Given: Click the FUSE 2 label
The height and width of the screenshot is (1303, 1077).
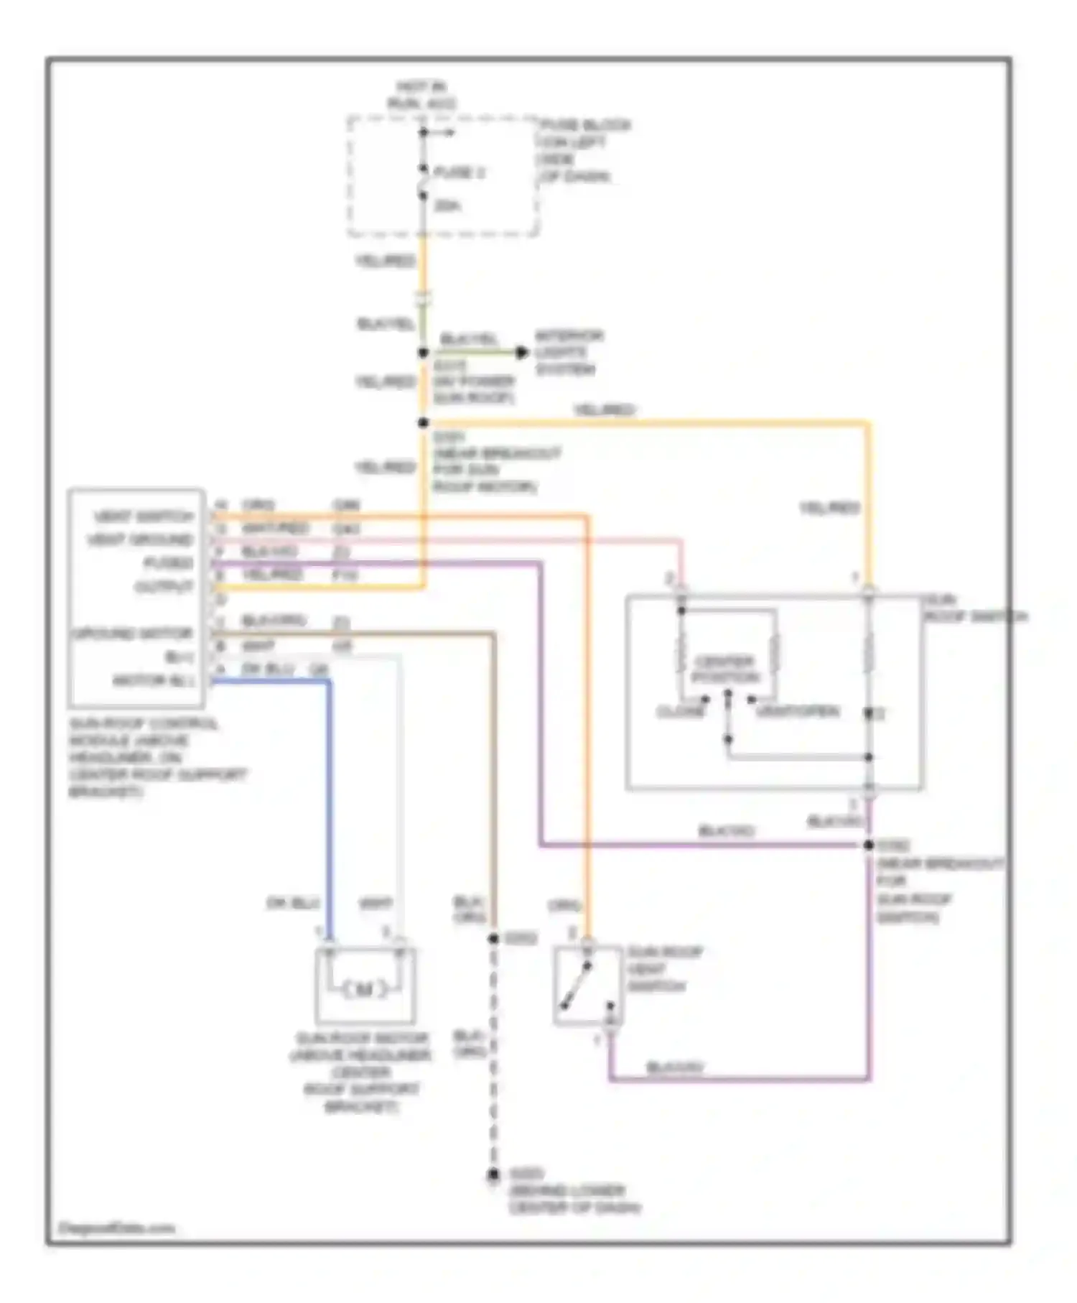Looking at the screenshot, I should point(460,172).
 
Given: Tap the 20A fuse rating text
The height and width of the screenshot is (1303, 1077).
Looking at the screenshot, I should point(447,206).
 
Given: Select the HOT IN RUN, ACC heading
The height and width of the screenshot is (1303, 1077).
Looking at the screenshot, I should point(422,96).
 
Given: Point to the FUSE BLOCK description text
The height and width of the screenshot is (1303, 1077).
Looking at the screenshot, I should point(583,151).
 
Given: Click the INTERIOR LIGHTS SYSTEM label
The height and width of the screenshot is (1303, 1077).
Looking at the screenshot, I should point(569,353).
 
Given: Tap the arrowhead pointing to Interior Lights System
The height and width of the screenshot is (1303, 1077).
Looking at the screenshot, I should point(523,352).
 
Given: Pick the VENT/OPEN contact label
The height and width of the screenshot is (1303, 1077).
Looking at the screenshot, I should point(797,711).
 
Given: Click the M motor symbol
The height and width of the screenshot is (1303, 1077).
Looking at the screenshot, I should point(364,990).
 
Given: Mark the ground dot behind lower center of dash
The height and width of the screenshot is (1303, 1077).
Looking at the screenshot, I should point(493,1175).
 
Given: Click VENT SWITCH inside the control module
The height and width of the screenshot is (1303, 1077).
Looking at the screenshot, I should point(144,516).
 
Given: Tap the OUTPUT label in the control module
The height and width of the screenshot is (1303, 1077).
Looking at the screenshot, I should point(164,587).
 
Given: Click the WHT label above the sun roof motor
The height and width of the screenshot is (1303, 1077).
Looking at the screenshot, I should point(376,903).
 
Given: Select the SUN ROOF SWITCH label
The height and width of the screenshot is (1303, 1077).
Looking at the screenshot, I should point(973,608).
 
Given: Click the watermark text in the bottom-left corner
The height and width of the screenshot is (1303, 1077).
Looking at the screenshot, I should point(116,1228).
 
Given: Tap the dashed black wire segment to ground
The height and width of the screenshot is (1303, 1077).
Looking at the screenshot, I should point(493,1056).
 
